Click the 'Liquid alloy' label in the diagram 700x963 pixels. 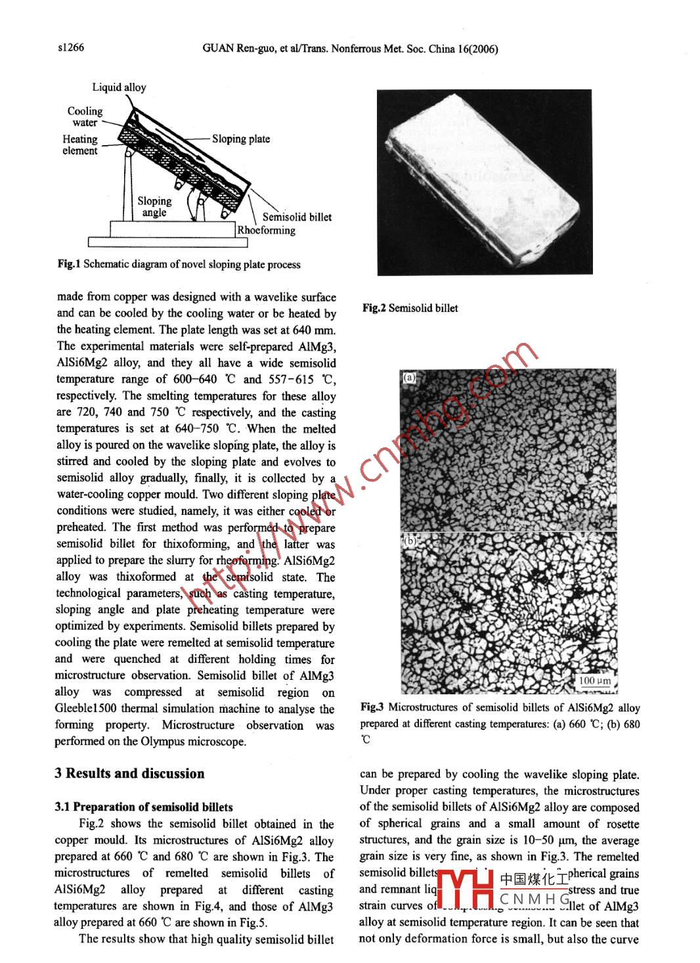(119, 87)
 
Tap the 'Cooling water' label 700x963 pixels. (85, 117)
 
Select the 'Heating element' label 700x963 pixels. (80, 145)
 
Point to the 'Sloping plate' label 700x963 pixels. (240, 139)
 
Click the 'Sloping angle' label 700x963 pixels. (154, 207)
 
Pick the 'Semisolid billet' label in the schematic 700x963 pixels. (297, 217)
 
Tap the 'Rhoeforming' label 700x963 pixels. (266, 230)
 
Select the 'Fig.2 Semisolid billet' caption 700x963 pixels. (410, 308)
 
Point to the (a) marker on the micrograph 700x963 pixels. (410, 378)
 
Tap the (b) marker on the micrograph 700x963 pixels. (410, 541)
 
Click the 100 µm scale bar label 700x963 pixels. (595, 681)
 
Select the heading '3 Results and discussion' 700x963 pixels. (129, 773)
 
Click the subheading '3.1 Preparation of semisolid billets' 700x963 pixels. (143, 807)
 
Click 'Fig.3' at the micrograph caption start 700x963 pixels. (372, 707)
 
